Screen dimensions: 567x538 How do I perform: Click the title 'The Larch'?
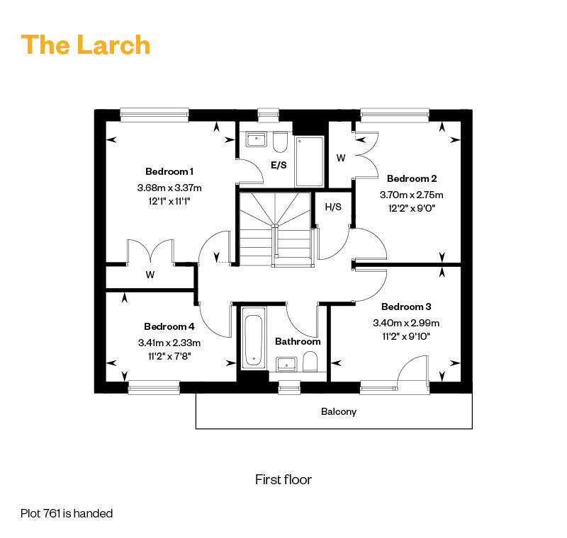pos(86,45)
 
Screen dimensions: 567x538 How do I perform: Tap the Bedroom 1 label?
pos(169,171)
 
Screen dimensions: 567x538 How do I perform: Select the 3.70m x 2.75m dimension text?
pos(412,195)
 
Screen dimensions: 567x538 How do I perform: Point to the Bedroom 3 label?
pos(406,307)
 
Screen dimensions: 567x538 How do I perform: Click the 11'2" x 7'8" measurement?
pos(169,356)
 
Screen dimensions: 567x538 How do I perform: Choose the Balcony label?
pos(339,411)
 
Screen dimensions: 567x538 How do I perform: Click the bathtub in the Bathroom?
pos(253,338)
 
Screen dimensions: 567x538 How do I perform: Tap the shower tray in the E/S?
pos(310,161)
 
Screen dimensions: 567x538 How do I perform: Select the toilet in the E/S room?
pos(280,142)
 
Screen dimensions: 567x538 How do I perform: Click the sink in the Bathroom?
pos(286,365)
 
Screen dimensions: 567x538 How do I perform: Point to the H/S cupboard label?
pos(333,207)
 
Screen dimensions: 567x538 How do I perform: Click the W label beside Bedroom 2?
pos(341,158)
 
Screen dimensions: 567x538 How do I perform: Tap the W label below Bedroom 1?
pos(150,275)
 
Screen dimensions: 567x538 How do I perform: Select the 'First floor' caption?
pos(283,479)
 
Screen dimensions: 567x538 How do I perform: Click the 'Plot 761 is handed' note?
pos(67,513)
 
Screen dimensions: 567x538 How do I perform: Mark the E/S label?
pos(279,166)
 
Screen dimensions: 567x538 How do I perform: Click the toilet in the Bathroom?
pos(310,362)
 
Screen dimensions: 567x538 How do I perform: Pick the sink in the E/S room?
pos(256,139)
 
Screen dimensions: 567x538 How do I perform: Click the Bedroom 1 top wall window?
pos(155,115)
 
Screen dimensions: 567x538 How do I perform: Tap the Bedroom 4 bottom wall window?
pos(154,388)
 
